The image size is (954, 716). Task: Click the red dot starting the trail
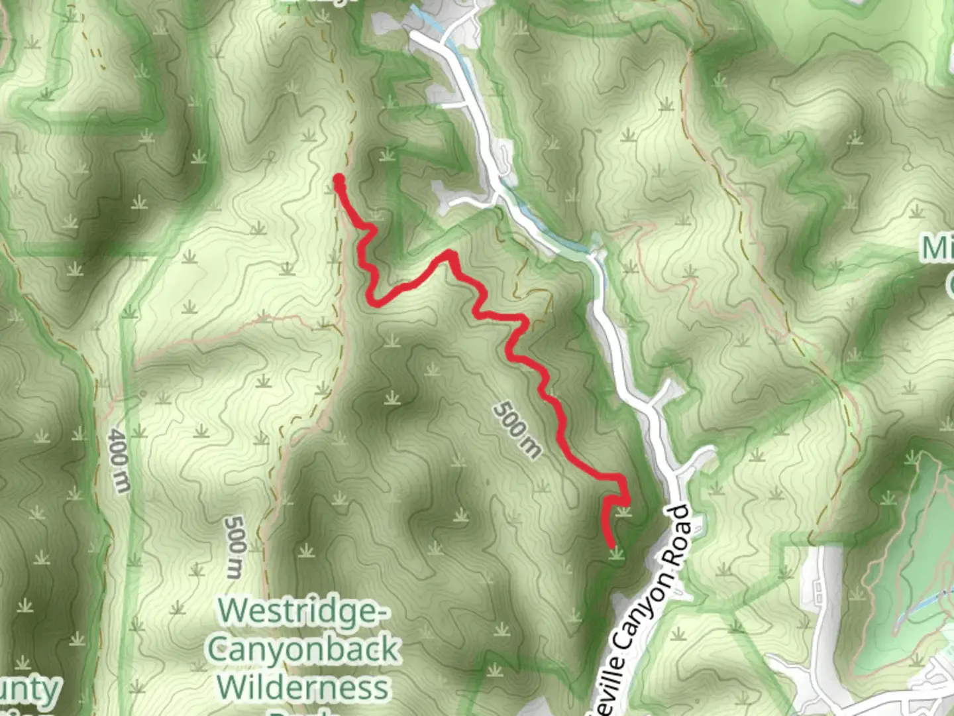point(339,180)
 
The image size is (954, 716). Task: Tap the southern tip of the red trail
point(613,546)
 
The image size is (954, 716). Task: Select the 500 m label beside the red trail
point(517,430)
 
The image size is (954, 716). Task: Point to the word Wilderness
point(303,687)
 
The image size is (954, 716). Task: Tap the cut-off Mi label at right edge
point(937,249)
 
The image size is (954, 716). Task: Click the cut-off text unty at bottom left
point(30,689)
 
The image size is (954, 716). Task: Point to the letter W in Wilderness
point(232,687)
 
